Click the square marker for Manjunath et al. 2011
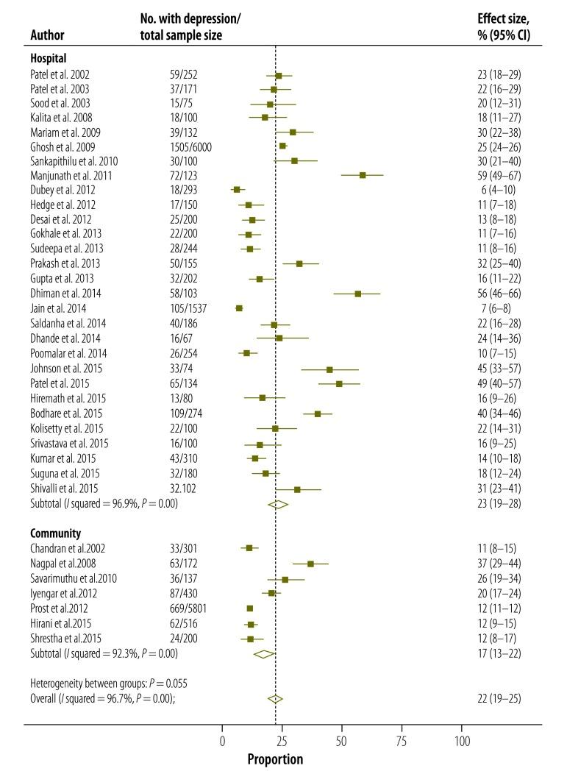coord(363,175)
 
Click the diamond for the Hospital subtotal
coord(277,504)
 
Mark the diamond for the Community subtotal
coord(263,653)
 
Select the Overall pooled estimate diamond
coord(274,699)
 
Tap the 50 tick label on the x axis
coord(342,741)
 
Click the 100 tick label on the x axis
coord(462,741)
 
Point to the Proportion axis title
coord(274,759)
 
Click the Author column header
coord(46,35)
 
